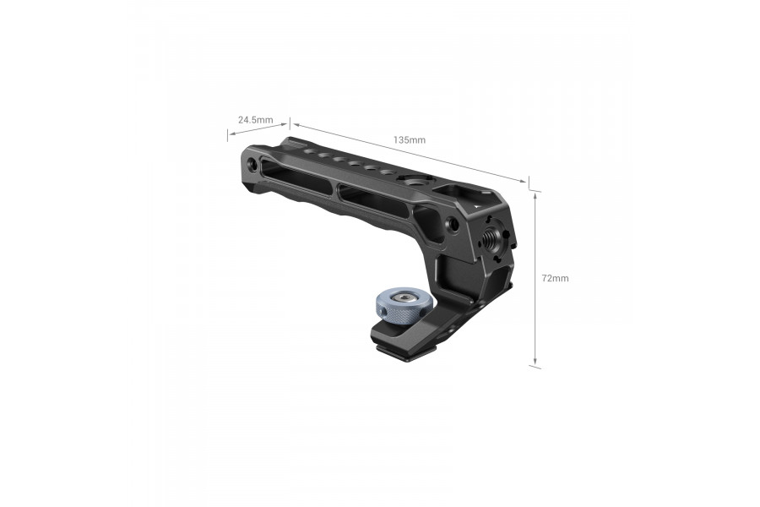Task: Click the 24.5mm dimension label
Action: pos(255,120)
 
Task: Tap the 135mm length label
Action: pos(410,139)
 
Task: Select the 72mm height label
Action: pos(555,278)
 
